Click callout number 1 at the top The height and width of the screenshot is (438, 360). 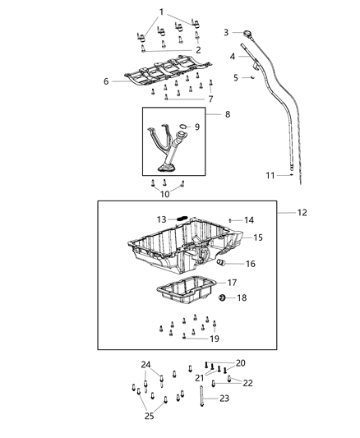(161, 11)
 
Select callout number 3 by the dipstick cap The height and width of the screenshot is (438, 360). (226, 32)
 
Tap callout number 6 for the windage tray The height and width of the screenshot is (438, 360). (106, 81)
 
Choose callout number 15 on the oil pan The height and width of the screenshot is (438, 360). (258, 237)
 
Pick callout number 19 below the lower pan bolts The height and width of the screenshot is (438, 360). (215, 338)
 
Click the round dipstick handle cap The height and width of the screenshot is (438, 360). (247, 33)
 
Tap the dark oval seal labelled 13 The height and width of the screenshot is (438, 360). (183, 219)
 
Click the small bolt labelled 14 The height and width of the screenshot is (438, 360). (231, 220)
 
